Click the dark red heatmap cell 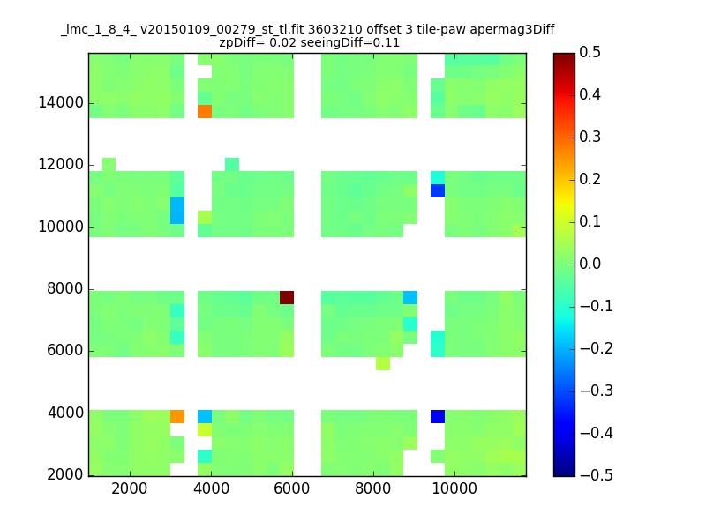(x=287, y=297)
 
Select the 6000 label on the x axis (x=292, y=488)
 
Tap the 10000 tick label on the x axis (x=454, y=488)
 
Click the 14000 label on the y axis (x=61, y=102)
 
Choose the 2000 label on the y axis (x=65, y=474)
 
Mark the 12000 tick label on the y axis (x=61, y=164)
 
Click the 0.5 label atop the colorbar (x=590, y=52)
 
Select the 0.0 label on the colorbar (x=590, y=264)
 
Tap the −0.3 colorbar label (x=597, y=391)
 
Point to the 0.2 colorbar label (x=590, y=179)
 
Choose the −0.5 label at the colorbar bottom (x=597, y=475)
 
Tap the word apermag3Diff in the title (x=513, y=30)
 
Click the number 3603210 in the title (x=335, y=30)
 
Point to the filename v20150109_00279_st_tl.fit (x=222, y=30)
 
